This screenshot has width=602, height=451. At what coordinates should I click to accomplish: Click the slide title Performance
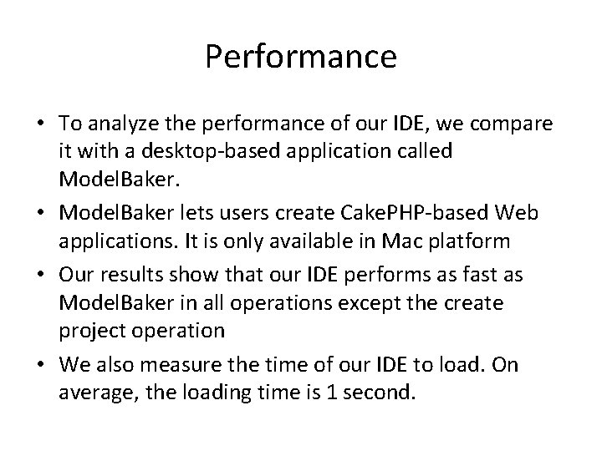pyautogui.click(x=300, y=57)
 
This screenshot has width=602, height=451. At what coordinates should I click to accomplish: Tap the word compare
pyautogui.click(x=516, y=125)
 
